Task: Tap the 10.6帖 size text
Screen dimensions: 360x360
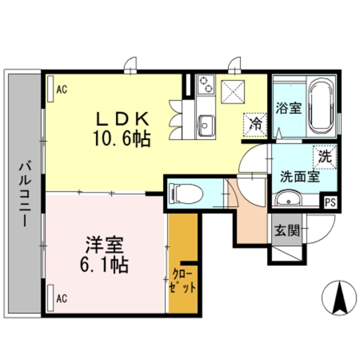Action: (x=123, y=138)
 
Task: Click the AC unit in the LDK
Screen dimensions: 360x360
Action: (x=51, y=89)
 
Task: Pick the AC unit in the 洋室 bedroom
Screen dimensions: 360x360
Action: (x=51, y=296)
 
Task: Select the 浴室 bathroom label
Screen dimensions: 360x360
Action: (x=289, y=108)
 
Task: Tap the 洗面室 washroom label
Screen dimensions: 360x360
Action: (x=300, y=177)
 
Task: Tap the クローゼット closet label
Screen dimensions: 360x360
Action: (x=184, y=282)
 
